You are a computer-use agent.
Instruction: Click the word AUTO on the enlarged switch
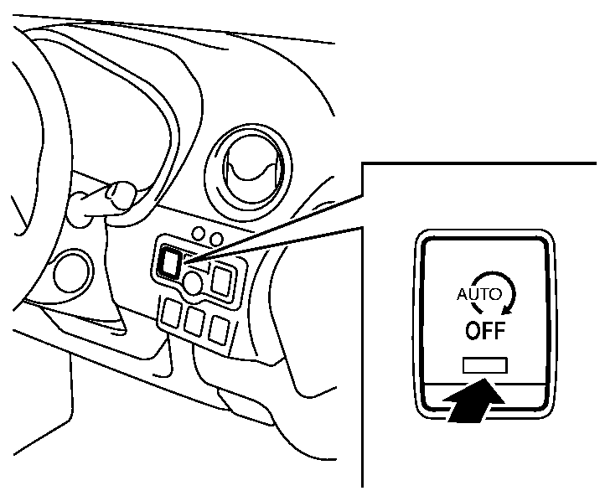coord(479,294)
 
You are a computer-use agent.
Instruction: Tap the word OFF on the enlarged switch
coord(485,331)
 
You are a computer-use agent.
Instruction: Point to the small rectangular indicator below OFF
coord(485,365)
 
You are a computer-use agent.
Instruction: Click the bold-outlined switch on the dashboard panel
coord(169,262)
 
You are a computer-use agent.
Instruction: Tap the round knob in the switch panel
coord(192,282)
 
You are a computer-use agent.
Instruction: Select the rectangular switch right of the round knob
coord(222,281)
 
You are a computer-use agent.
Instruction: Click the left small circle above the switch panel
coord(199,234)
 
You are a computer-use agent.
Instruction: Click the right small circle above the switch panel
coord(217,239)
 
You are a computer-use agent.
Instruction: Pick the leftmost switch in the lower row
coord(171,313)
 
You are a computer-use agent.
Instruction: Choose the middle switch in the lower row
coord(195,321)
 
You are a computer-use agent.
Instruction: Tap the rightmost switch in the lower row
coord(219,329)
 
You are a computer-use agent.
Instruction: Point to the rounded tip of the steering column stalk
coord(121,194)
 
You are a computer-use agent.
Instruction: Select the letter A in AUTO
coord(463,294)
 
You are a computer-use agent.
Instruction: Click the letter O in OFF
coord(473,331)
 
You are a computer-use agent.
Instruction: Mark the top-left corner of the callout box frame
coord(363,164)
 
